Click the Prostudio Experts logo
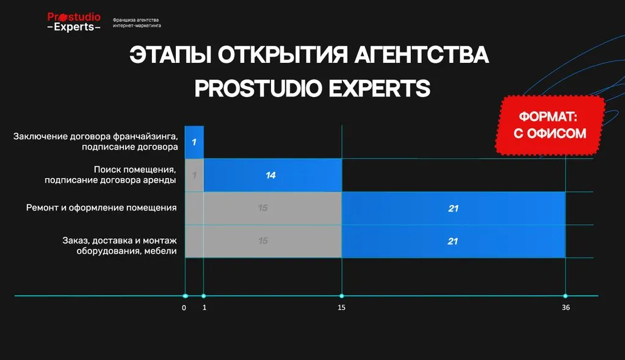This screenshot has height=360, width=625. (x=74, y=22)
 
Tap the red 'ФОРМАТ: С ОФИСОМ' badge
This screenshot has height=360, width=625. (x=550, y=125)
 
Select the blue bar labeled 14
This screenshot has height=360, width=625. (x=273, y=175)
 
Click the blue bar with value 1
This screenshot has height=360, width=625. (x=194, y=142)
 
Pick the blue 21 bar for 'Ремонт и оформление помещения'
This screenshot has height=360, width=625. (x=453, y=208)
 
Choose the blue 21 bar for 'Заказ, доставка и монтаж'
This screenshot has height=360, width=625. (x=453, y=241)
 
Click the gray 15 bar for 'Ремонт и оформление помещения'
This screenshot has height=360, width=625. (x=264, y=208)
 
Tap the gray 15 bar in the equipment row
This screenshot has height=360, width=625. (x=264, y=241)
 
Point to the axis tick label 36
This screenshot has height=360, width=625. (x=566, y=308)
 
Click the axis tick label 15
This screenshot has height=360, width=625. (x=342, y=308)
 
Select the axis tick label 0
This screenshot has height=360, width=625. (x=184, y=308)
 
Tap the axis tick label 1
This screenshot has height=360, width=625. (x=204, y=308)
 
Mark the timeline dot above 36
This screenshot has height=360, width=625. (x=565, y=296)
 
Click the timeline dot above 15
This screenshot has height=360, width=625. (x=342, y=296)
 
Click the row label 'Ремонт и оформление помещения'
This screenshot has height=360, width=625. (x=101, y=207)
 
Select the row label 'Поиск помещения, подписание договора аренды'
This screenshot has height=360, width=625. (x=110, y=175)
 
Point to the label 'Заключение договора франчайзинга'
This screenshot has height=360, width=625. (x=96, y=136)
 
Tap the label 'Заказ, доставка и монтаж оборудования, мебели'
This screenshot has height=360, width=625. (x=120, y=245)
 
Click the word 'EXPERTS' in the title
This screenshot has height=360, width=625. (x=380, y=88)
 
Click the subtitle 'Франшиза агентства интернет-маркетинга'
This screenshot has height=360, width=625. (x=137, y=23)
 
